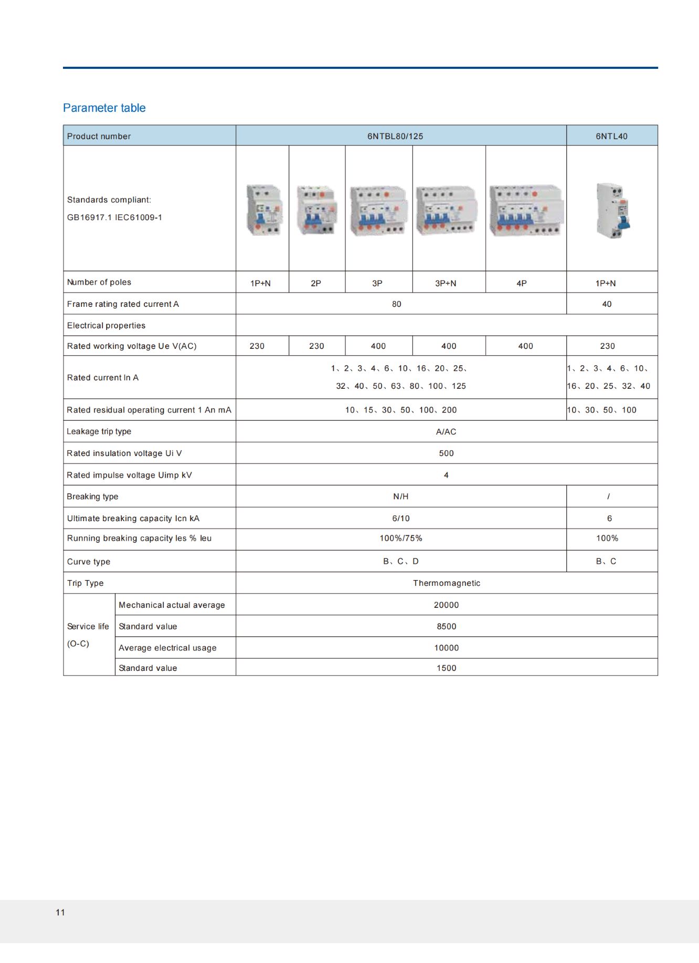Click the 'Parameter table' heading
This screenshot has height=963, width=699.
tap(104, 108)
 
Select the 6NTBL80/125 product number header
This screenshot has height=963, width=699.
tap(395, 136)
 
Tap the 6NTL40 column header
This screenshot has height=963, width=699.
tap(611, 136)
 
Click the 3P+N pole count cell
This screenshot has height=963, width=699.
tap(446, 283)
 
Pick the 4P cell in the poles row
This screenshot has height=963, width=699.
tap(521, 283)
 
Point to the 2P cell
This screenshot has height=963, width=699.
tap(316, 283)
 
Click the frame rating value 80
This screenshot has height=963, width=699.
tap(397, 304)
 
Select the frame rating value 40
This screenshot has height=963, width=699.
tap(607, 304)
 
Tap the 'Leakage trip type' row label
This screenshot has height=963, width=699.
tap(99, 431)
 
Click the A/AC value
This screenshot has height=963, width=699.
tap(446, 432)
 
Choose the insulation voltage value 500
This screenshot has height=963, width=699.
tap(446, 453)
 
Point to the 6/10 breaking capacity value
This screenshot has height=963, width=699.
tap(401, 519)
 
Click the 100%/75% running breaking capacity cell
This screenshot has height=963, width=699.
tap(401, 539)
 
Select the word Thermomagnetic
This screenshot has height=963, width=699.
tap(447, 583)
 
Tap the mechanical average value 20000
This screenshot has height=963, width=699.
tap(446, 605)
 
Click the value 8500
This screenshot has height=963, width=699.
tap(447, 627)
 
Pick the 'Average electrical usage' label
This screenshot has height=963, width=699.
tap(167, 648)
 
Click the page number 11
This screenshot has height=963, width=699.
tap(60, 913)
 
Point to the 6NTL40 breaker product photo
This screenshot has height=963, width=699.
tap(612, 211)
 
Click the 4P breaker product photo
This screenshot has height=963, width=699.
tap(526, 211)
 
